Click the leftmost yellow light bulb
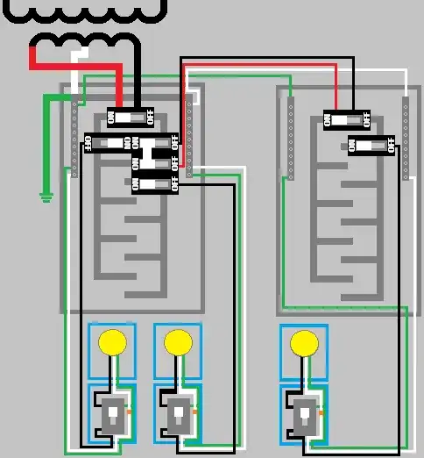pyautogui.click(x=111, y=340)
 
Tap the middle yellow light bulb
pyautogui.click(x=178, y=340)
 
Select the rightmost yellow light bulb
pyautogui.click(x=304, y=341)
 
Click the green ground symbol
pyautogui.click(x=46, y=197)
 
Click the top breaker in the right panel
pyautogui.click(x=348, y=118)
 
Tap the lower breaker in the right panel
pyautogui.click(x=371, y=144)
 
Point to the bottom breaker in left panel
pyautogui.click(x=156, y=183)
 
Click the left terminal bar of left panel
pyautogui.click(x=74, y=139)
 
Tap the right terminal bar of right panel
pyautogui.click(x=405, y=139)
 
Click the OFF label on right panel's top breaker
pyautogui.click(x=365, y=118)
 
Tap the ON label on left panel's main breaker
pyautogui.click(x=112, y=117)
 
